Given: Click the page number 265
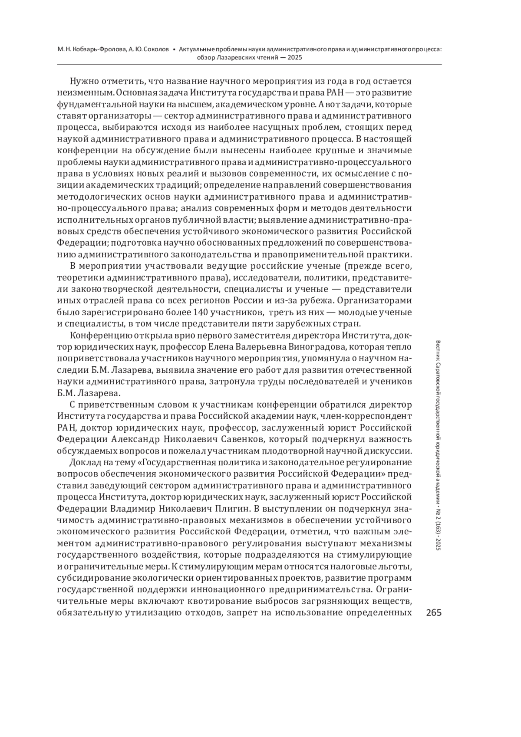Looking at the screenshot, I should click(x=434, y=612).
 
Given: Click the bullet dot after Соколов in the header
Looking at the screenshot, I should click(x=174, y=49).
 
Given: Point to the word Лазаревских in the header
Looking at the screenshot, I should click(x=236, y=57).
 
